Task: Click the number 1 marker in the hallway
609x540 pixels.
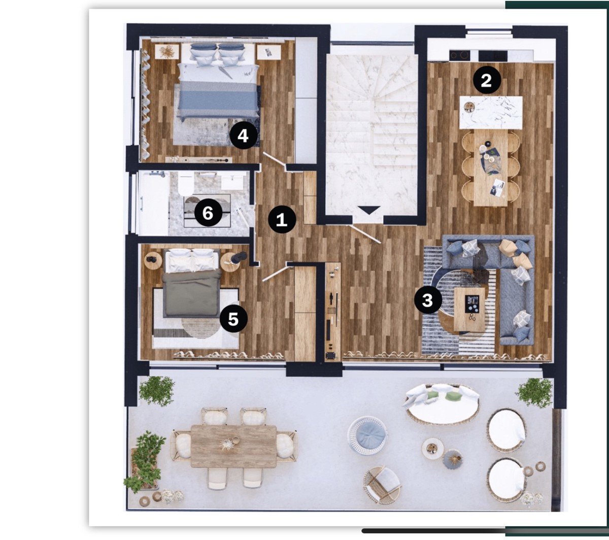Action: pyautogui.click(x=282, y=219)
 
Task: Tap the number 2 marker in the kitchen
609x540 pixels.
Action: pyautogui.click(x=487, y=81)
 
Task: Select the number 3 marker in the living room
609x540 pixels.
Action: pyautogui.click(x=428, y=300)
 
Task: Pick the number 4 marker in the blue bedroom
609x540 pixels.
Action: pyautogui.click(x=243, y=136)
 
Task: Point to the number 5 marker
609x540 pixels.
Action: pyautogui.click(x=233, y=319)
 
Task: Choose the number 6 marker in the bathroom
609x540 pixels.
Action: pyautogui.click(x=208, y=213)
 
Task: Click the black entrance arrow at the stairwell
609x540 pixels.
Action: pyautogui.click(x=369, y=210)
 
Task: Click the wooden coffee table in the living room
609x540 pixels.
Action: pyautogui.click(x=469, y=310)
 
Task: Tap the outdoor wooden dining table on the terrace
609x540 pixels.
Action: pyautogui.click(x=233, y=446)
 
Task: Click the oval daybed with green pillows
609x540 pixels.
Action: pyautogui.click(x=442, y=403)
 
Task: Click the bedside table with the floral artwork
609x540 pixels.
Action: pyautogui.click(x=167, y=52)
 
